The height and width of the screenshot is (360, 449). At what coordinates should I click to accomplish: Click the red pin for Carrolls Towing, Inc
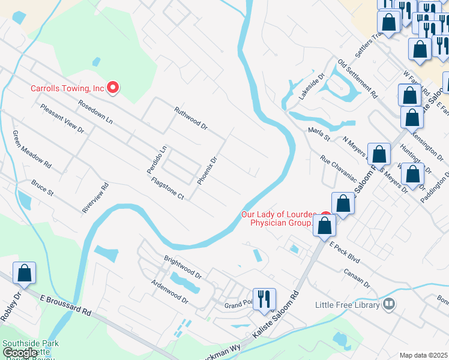coord(113,88)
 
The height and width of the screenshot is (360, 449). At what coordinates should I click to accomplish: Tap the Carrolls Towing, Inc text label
coord(68,89)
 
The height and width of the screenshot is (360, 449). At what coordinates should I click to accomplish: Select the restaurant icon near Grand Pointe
coord(264,299)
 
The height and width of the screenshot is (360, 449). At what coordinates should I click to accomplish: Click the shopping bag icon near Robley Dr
coord(25,273)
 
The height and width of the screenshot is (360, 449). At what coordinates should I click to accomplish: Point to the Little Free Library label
coord(348,305)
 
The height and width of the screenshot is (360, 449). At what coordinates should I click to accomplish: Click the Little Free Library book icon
coord(390,304)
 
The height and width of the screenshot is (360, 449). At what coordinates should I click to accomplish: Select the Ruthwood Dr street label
coord(190,119)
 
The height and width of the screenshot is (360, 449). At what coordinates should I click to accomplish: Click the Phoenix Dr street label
coord(206,171)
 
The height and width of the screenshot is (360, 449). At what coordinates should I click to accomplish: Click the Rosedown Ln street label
coord(95,112)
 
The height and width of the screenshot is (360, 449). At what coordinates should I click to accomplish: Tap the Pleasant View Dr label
coord(62,118)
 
